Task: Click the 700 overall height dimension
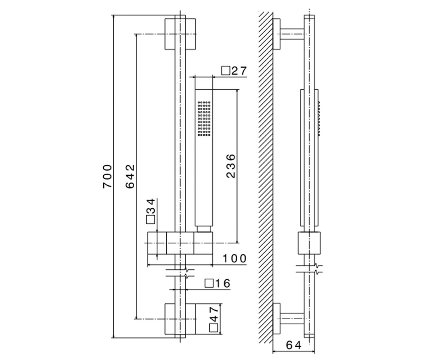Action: (x=107, y=176)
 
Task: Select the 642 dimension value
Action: (x=130, y=176)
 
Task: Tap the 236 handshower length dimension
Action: (x=231, y=166)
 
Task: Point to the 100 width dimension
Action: (x=234, y=258)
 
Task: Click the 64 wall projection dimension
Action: (x=294, y=345)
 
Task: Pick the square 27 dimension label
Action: (x=234, y=71)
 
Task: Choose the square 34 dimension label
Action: (x=150, y=211)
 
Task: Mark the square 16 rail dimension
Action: (x=217, y=283)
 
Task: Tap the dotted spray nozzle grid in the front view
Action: (x=204, y=119)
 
